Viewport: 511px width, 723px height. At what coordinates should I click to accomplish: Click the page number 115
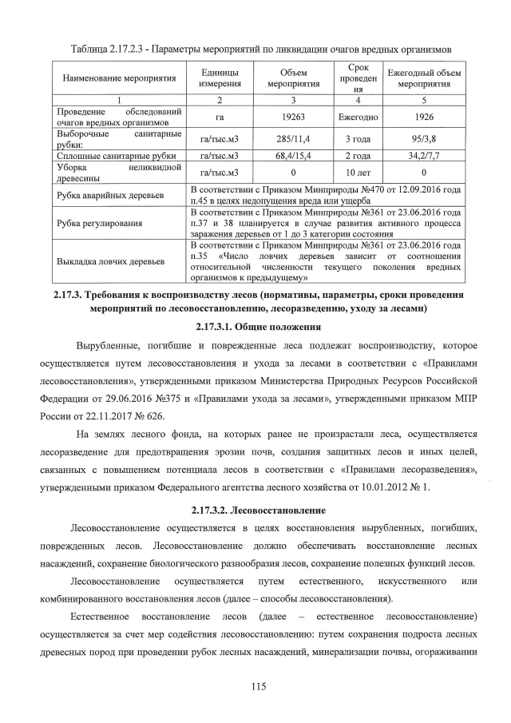coord(255,685)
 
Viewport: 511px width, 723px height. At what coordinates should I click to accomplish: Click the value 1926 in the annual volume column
coord(423,115)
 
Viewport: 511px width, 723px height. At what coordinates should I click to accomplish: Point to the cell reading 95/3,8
coord(423,138)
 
